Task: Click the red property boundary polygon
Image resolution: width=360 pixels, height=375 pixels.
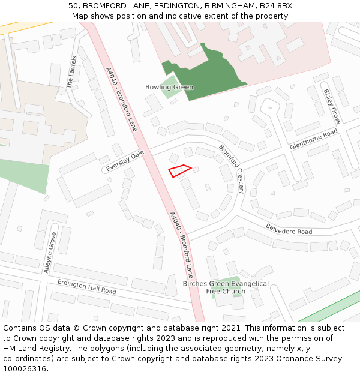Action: tap(179, 171)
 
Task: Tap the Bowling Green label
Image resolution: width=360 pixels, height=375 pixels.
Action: tap(169, 88)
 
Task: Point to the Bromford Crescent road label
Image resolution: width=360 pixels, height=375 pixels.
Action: tap(232, 169)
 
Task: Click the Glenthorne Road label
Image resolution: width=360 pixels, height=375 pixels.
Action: tap(314, 140)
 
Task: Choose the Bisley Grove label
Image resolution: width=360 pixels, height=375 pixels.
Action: tap(332, 107)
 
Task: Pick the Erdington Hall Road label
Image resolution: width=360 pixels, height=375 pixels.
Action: tap(87, 286)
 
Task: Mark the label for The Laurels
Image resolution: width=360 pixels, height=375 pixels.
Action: tap(72, 72)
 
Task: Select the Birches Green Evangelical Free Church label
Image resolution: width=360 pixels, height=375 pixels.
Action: tap(226, 287)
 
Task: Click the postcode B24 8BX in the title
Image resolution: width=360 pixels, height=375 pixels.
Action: tap(276, 6)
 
